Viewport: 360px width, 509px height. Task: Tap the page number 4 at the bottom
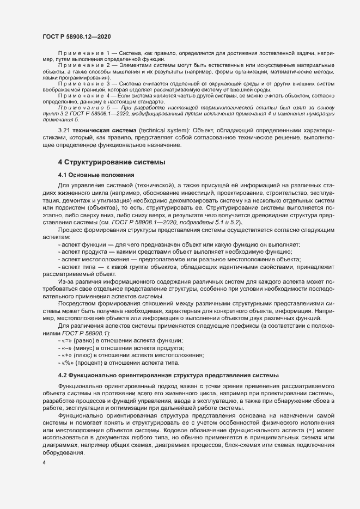pyautogui.click(x=45, y=463)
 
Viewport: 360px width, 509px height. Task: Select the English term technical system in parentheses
pyautogui.click(x=146, y=132)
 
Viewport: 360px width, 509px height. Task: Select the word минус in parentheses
pyautogui.click(x=84, y=348)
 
